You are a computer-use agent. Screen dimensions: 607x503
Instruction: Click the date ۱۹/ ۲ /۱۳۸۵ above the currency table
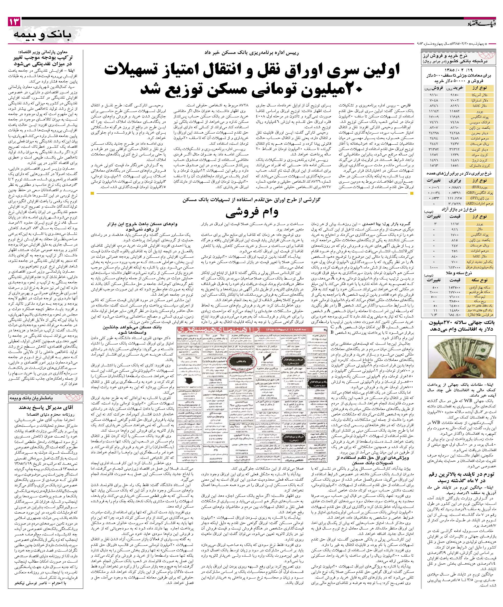(461, 70)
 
